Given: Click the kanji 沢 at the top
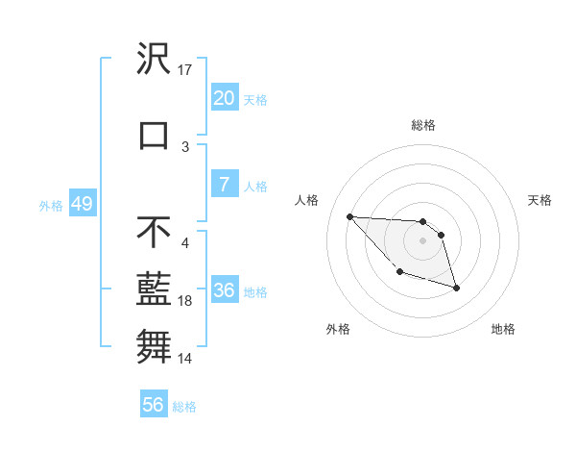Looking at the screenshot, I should coord(154,59).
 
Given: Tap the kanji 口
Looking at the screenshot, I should coord(154,135).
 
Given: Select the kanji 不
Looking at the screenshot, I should coord(154,232).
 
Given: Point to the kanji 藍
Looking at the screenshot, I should coord(154,289).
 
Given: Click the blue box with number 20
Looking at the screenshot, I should coord(224,98).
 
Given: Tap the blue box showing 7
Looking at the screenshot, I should coord(224,185).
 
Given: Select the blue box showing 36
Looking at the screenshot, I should coord(224,291).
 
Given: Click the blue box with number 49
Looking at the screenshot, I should coord(81,204).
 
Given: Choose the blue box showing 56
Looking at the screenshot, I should coord(153,405).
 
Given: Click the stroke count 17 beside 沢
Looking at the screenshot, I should coord(185,70).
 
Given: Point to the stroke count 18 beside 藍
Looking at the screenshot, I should coord(185,301).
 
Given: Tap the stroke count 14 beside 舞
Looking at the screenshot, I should coord(185,359).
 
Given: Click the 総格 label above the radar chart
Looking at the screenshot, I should coord(422,125).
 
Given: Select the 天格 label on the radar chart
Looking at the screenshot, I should coord(540,200).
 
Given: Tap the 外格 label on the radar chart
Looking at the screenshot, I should coord(338,329).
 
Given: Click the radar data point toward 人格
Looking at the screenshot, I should coord(349,216).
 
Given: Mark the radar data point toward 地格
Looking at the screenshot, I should coord(456,288).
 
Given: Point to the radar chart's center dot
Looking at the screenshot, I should coord(422,240).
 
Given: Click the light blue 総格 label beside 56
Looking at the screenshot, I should coord(184,407).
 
